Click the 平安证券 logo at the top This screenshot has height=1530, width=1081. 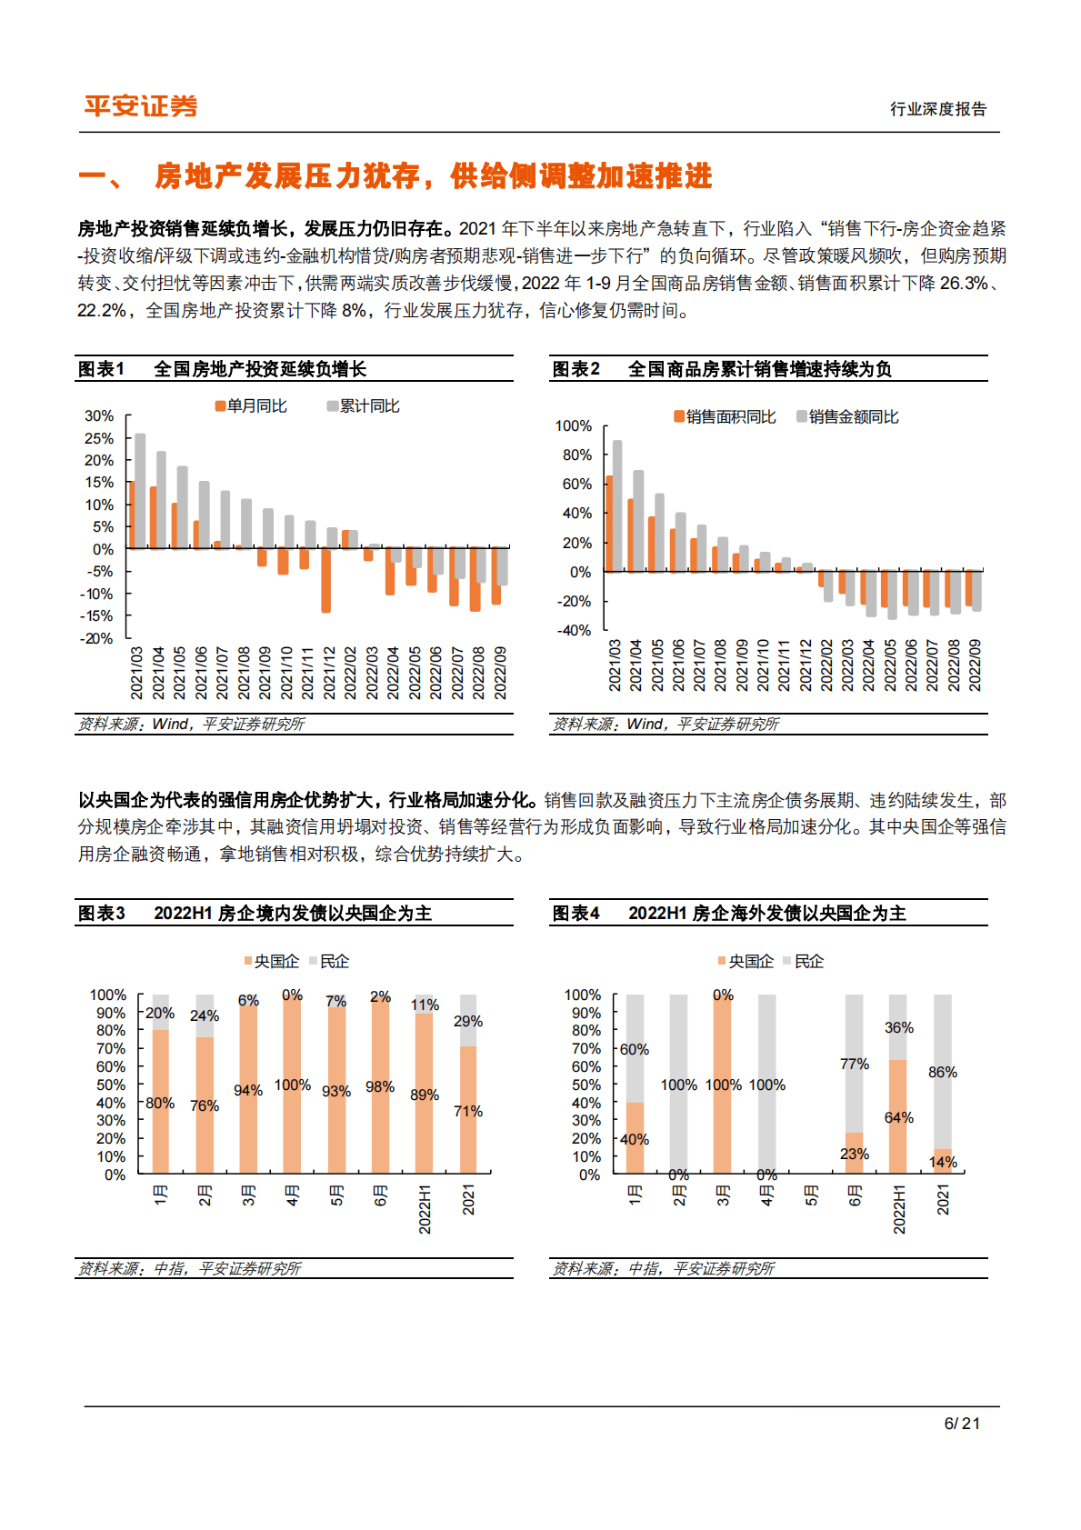[141, 106]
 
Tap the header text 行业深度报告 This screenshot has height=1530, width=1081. [937, 109]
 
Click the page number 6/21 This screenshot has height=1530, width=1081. [962, 1424]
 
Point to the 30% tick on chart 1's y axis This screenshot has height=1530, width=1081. [99, 416]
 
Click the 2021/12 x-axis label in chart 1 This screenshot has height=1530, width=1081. [329, 673]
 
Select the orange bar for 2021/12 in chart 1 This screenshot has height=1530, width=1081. [326, 580]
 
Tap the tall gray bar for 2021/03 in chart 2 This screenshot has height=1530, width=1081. [617, 505]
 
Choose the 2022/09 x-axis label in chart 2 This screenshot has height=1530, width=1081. [975, 665]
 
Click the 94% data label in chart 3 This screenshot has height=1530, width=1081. [248, 1091]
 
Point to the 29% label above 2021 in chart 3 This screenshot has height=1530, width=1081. [468, 1022]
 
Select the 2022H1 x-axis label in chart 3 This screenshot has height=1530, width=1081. [425, 1209]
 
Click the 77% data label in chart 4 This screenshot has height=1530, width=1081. [855, 1065]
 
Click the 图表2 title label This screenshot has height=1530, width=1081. [576, 369]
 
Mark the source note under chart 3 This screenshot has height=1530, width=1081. [189, 1268]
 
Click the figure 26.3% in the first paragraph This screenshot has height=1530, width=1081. [963, 284]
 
